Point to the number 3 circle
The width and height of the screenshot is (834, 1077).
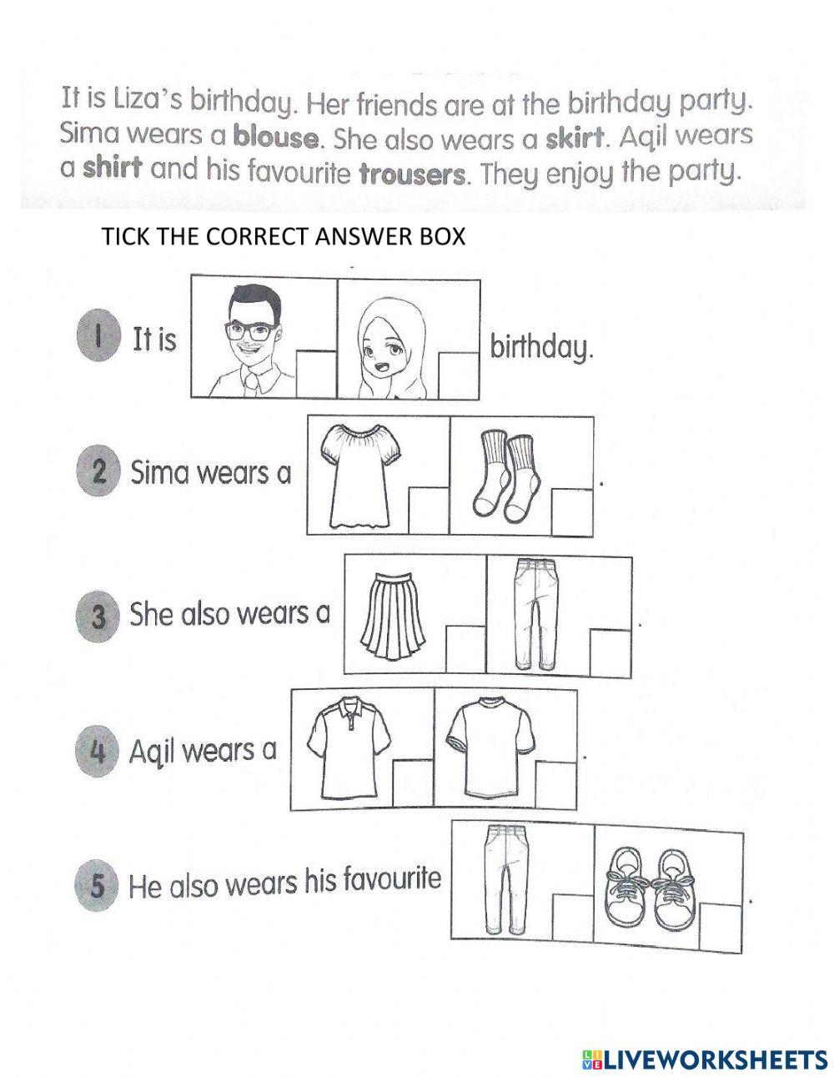(98, 618)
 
